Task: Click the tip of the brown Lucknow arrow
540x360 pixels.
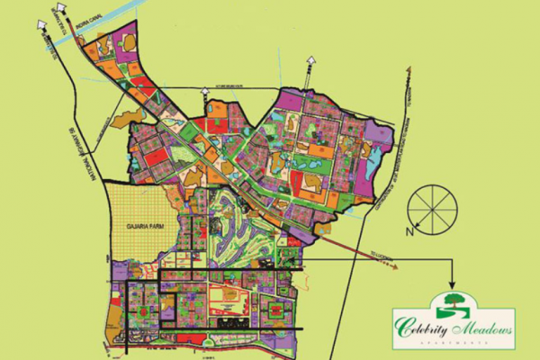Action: tap(396, 268)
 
